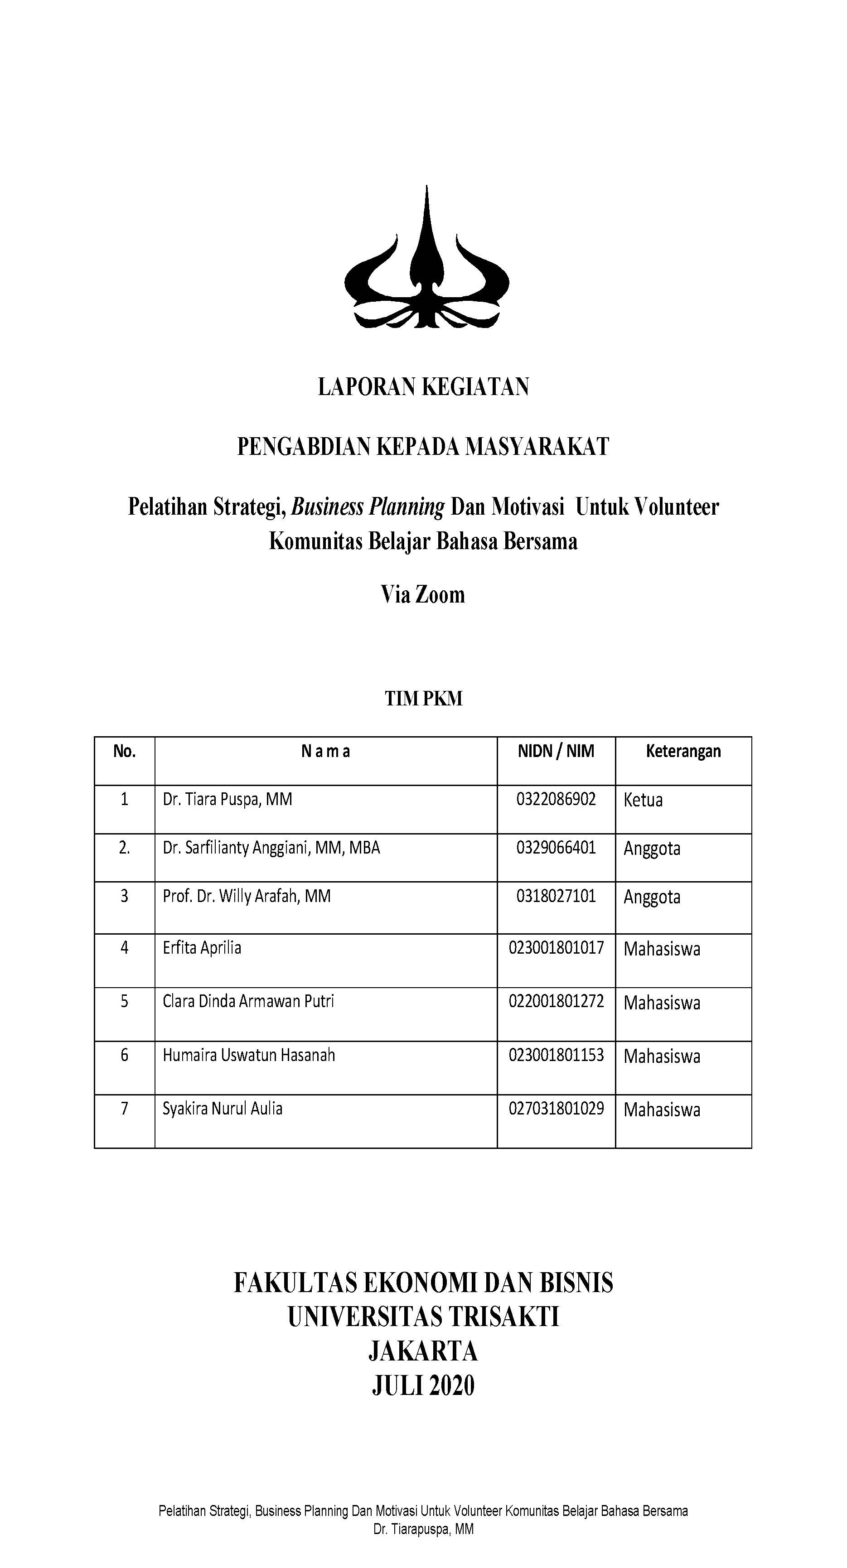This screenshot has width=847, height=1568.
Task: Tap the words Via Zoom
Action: coord(422,595)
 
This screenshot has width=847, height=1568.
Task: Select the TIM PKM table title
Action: coord(423,698)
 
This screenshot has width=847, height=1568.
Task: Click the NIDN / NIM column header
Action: coord(555,751)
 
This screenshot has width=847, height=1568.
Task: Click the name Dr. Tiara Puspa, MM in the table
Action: coord(227,799)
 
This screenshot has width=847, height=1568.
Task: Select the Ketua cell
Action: coord(643,800)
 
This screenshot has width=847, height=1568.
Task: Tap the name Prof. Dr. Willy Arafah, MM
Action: coord(246,896)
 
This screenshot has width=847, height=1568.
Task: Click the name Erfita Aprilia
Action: coord(202,948)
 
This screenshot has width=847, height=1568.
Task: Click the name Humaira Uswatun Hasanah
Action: coord(248,1055)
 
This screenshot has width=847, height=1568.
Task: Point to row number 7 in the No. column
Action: coord(124,1109)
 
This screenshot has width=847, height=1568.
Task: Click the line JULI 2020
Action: coord(423,1386)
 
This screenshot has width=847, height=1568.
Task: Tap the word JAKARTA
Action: coord(423,1351)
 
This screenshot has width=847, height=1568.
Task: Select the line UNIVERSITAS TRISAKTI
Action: coord(423,1317)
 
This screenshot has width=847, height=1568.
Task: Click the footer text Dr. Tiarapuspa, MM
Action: coord(423,1529)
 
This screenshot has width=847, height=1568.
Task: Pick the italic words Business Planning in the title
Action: coord(368,507)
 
